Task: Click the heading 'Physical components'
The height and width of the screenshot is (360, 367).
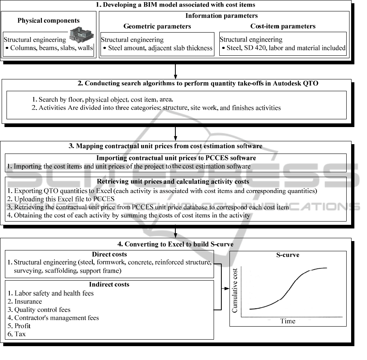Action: pos(48,20)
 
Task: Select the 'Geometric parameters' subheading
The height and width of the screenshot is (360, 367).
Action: pos(157,26)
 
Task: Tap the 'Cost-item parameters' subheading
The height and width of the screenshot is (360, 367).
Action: pos(283,26)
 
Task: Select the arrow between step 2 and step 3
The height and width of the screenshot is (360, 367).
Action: pos(175,132)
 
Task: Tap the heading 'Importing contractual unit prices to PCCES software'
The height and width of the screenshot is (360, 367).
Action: pos(176,158)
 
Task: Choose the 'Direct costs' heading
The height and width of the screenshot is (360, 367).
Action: pos(109,255)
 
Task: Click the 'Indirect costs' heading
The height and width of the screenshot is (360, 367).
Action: pos(109,285)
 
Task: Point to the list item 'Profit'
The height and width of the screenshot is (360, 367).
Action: pos(22,326)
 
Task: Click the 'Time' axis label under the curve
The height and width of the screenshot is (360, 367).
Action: pos(288,321)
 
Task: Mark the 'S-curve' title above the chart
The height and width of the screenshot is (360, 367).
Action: pos(288,255)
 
